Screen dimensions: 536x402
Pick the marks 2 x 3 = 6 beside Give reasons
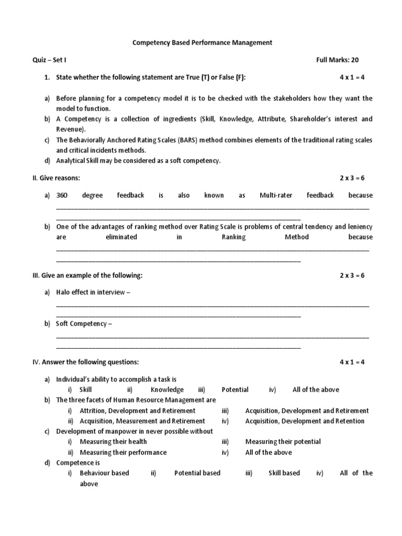point(352,178)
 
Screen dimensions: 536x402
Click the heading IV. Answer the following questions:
point(86,362)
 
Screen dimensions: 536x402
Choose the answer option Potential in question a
point(235,389)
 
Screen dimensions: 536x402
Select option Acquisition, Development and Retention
point(305,421)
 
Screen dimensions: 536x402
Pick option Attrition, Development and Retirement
point(137,410)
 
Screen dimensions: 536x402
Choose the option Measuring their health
point(113,442)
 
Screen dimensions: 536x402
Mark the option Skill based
point(284,473)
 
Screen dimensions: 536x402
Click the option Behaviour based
point(104,473)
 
